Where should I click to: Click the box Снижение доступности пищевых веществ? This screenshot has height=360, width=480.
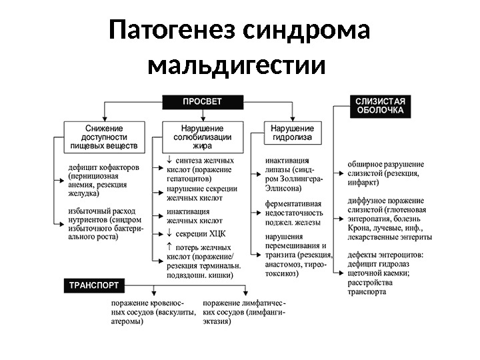(x=104, y=135)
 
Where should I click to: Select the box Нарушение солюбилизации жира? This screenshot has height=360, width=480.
(x=203, y=135)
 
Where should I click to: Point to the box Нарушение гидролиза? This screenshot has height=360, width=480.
(x=292, y=132)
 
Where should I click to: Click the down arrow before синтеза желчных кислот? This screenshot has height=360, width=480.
(x=170, y=160)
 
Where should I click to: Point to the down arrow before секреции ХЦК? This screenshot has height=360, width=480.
(x=170, y=233)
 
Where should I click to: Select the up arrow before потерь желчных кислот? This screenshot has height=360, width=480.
(x=170, y=247)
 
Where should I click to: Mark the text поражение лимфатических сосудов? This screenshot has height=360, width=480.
(x=244, y=303)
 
